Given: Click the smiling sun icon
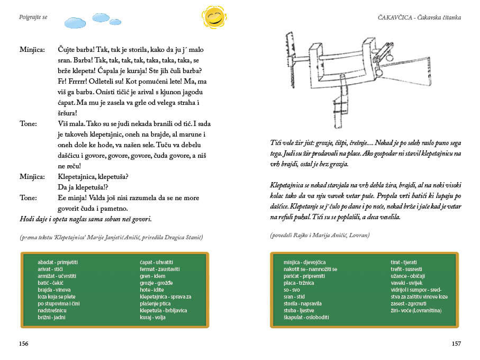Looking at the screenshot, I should point(214,17).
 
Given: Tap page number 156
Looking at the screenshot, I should point(23,343).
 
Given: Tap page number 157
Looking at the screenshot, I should point(456,343).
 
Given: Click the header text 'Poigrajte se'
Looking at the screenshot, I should point(33,17).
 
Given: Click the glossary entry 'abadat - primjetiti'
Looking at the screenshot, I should point(58,262).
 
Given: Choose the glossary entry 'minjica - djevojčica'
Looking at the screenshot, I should point(304,262).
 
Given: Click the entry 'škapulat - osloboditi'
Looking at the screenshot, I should point(306,317).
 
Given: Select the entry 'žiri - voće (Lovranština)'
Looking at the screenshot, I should point(416,310).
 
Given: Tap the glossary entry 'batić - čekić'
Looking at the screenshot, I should point(51,283).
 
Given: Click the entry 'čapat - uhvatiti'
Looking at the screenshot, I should point(156,262).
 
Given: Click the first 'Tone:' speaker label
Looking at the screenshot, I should point(29,123).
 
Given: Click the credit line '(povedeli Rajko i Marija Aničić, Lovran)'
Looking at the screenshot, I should point(321,235).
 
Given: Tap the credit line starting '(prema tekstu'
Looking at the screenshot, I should point(111,237).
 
